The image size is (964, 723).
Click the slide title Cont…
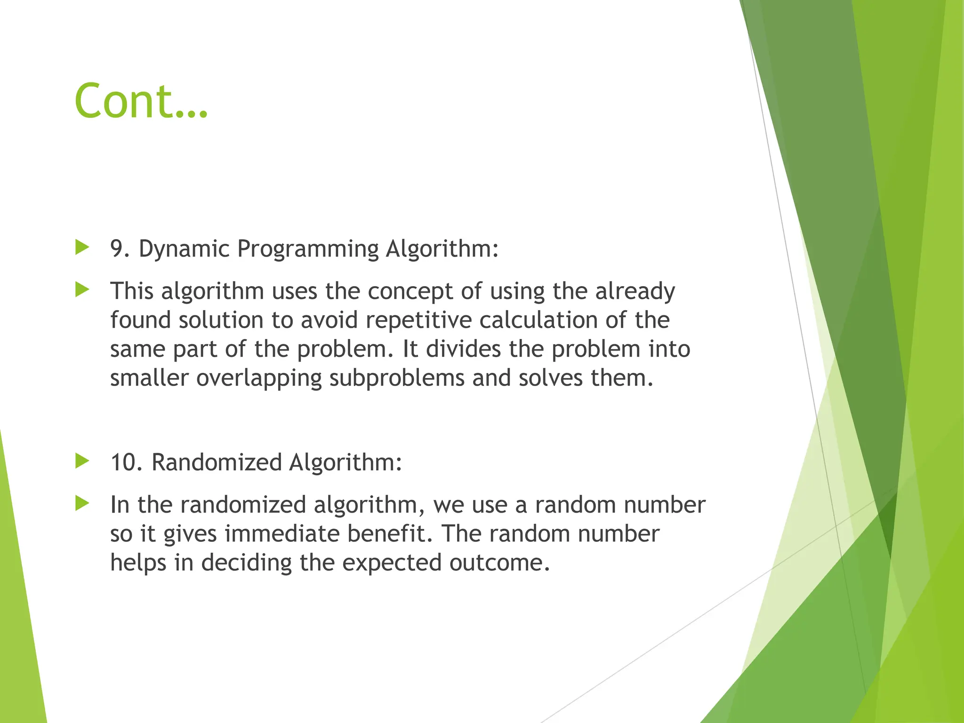tap(141, 101)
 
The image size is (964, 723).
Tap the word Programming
tap(308, 249)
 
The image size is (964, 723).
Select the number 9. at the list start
tap(120, 249)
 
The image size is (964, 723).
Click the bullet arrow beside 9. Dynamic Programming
tap(82, 247)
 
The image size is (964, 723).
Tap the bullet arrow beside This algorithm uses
tap(82, 289)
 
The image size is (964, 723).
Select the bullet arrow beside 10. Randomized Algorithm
tap(82, 461)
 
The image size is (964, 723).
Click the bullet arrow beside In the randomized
tap(82, 503)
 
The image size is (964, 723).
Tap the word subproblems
tap(396, 378)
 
